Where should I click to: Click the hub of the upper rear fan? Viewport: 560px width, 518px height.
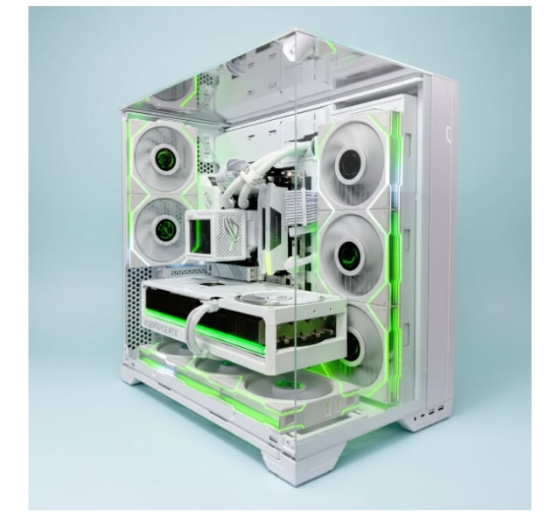point(164,160)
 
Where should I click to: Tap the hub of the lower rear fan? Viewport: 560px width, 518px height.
point(164,231)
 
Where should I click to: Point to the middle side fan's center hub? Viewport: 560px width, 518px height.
point(350,256)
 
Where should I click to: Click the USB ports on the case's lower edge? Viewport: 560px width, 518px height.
point(435,411)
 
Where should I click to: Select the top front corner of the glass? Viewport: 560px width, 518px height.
point(297,33)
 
